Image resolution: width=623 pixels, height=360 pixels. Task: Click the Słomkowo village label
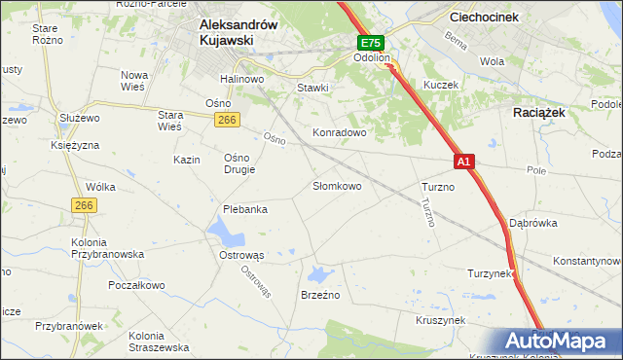tap(337, 185)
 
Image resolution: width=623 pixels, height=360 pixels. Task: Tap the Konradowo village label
tap(338, 131)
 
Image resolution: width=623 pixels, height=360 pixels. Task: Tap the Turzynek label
tap(490, 273)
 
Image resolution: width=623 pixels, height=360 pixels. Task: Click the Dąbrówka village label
tap(532, 223)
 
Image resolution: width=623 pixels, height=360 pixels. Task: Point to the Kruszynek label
tap(441, 319)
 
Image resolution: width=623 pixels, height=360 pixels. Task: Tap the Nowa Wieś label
tap(133, 81)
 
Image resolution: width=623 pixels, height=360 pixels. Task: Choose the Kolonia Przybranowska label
tap(107, 248)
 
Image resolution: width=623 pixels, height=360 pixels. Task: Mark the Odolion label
tap(372, 58)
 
